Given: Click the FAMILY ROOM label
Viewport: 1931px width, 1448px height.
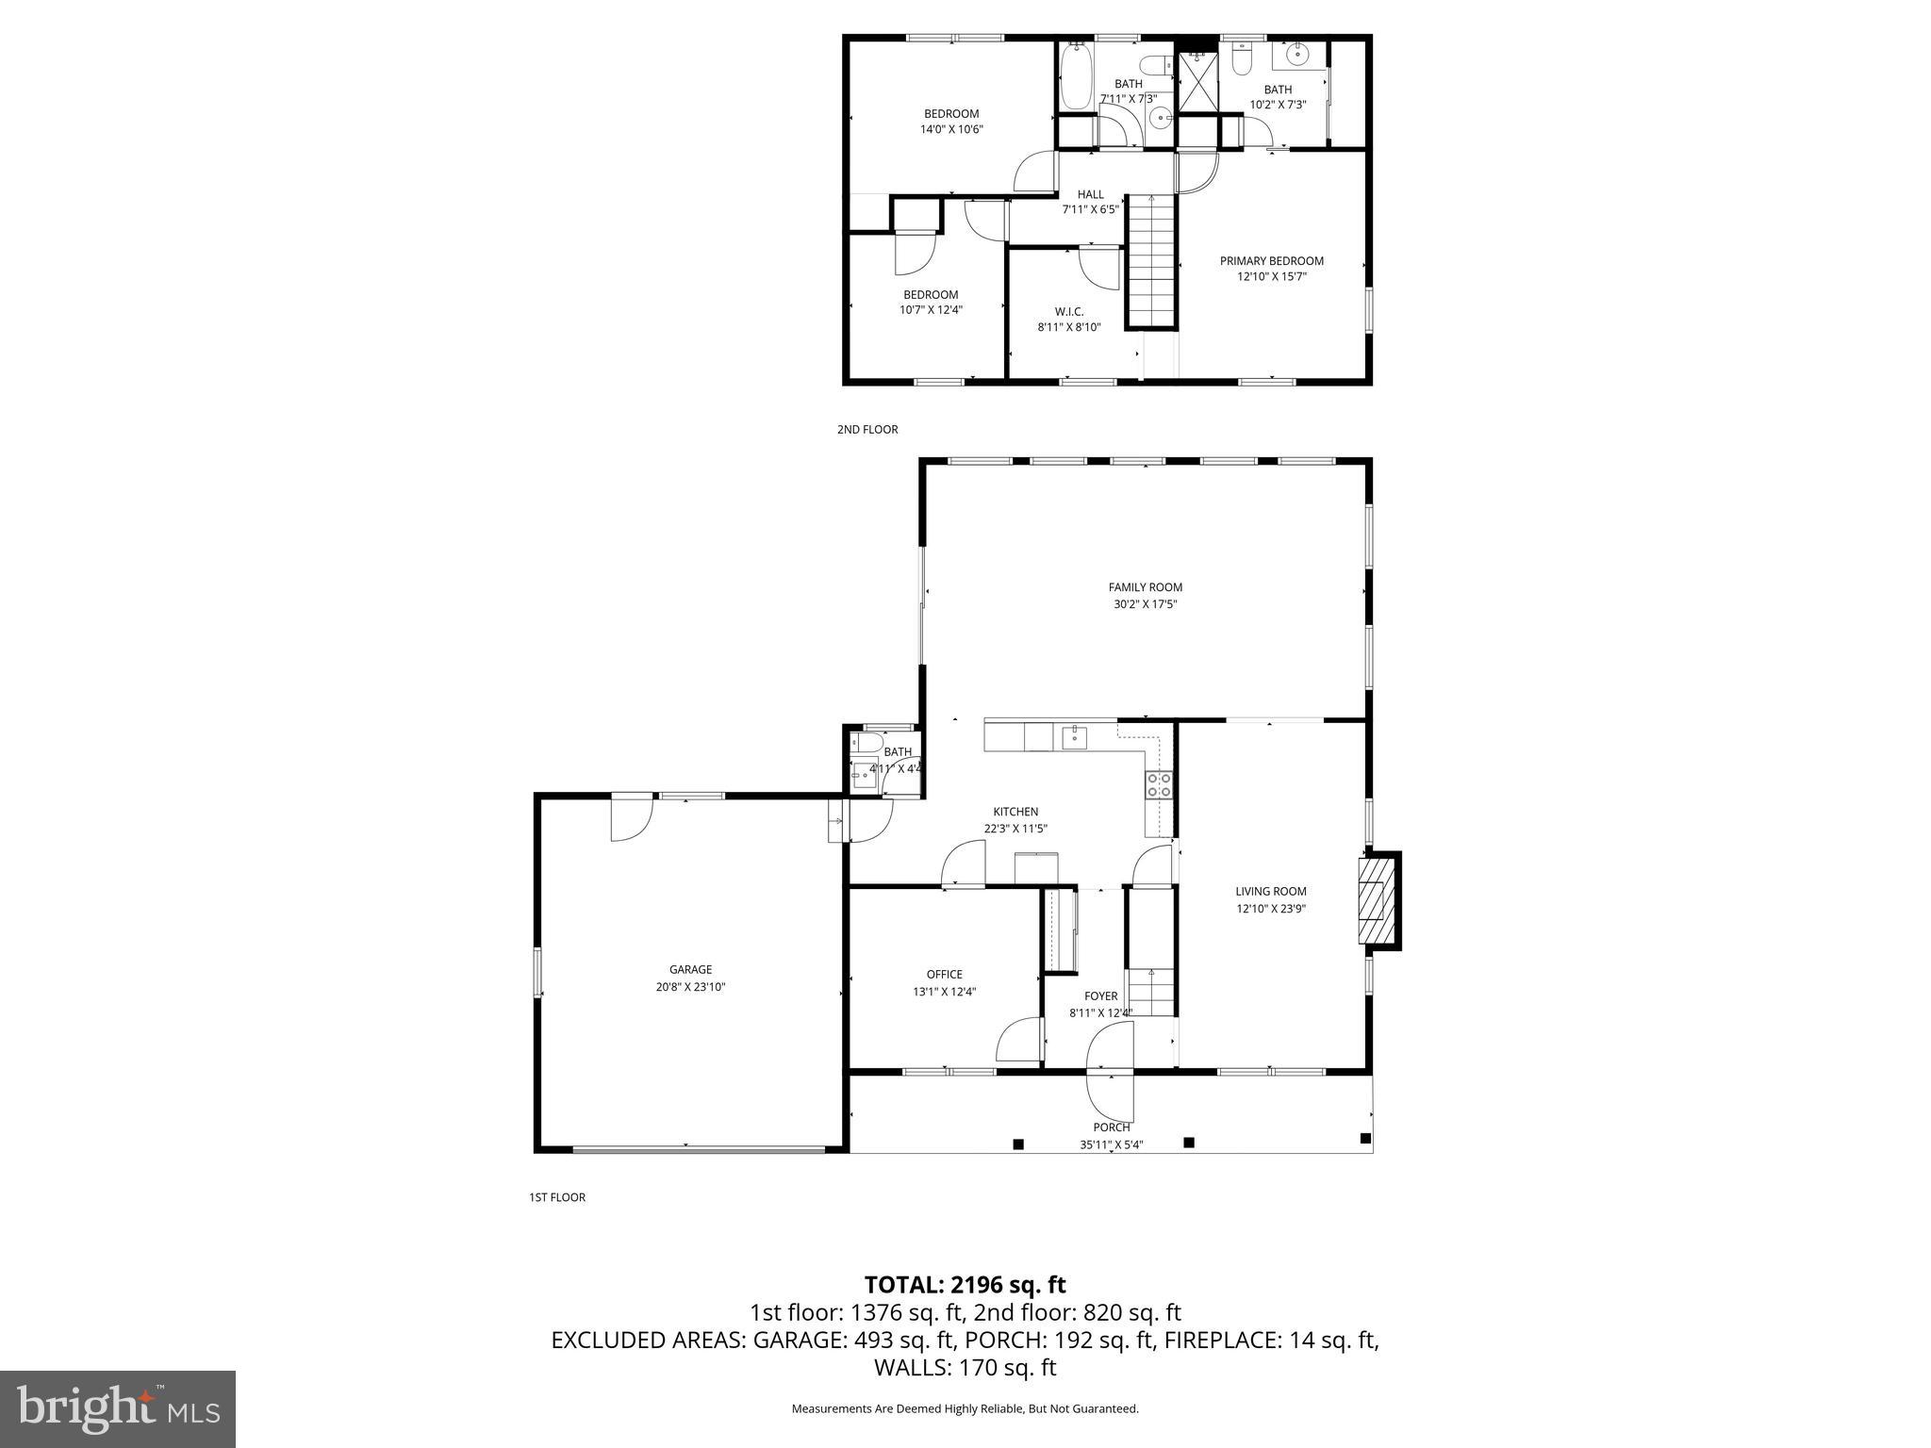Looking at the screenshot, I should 1145,587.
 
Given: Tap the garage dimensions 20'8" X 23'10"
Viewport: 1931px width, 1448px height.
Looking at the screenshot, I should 690,987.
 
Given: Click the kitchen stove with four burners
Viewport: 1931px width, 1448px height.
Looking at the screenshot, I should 1159,784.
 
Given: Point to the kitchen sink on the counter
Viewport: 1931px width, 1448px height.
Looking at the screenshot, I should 1074,736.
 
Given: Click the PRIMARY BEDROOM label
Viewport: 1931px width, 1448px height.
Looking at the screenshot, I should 1271,261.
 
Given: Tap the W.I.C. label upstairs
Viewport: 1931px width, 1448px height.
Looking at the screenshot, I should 1068,311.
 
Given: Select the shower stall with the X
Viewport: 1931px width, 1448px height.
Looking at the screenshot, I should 1197,82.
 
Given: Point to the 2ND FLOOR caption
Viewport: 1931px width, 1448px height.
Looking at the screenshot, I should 866,430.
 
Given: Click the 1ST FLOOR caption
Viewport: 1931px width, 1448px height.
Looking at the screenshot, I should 556,1197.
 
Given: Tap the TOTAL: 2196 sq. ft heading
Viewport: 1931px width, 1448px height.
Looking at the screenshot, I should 965,1284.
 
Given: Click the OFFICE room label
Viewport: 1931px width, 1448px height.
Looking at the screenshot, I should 944,975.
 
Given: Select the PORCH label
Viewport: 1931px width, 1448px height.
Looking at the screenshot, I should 1112,1127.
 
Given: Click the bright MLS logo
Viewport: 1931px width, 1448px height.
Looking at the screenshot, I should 118,1408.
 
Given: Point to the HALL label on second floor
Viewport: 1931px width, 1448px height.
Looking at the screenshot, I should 1090,194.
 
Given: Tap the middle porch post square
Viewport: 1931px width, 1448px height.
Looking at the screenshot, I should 1189,1143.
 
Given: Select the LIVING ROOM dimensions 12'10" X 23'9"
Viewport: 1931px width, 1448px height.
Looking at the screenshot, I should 1270,910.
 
